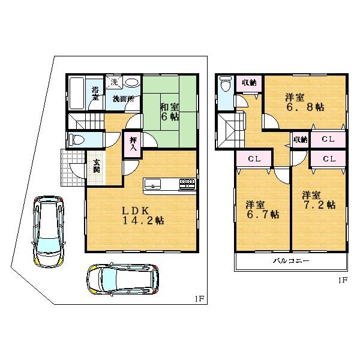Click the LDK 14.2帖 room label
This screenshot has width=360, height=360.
pos(143,215)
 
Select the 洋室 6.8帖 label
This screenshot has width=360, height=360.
pos(304,101)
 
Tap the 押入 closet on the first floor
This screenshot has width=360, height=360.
pos(133,144)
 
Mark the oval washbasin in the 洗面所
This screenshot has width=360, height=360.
pos(132,83)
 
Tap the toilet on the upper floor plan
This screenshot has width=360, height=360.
pos(224,85)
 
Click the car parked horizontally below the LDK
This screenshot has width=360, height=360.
pos(122,279)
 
